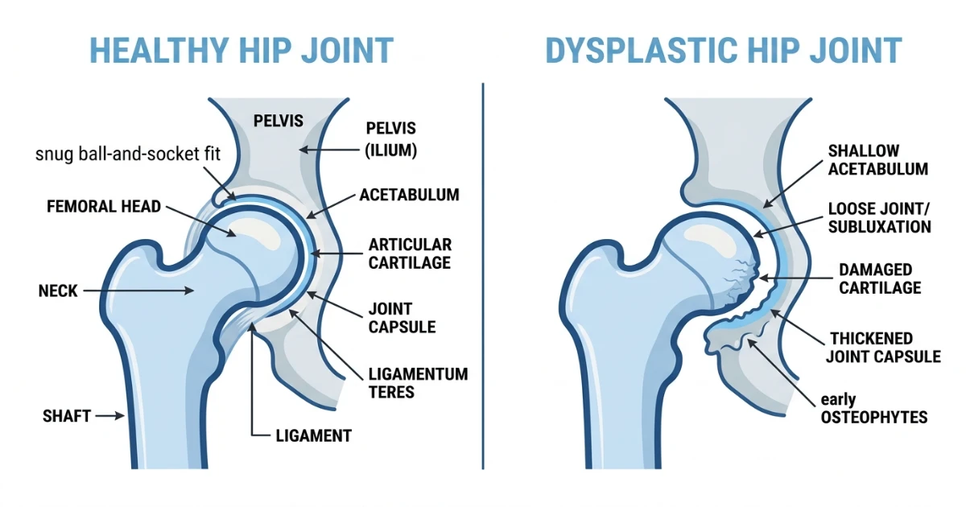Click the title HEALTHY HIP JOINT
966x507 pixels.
pos(242,51)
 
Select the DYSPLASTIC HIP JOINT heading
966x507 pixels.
pos(724,51)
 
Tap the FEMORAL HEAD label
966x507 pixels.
pos(104,207)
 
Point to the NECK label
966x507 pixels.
pos(58,291)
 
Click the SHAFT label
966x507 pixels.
pos(67,416)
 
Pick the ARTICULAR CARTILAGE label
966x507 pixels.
pos(410,253)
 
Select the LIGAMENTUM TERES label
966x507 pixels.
pos(419,383)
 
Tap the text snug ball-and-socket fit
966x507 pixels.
pos(128,154)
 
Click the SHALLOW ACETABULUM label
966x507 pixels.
pos(878,160)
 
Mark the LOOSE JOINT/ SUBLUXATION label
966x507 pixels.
pos(880,218)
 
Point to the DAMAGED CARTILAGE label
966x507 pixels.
pos(880,279)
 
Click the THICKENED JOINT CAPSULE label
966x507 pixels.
pos(883,348)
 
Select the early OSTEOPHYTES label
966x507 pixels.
pos(874,408)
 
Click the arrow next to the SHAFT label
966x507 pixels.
pos(110,416)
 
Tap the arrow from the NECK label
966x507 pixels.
pos(138,291)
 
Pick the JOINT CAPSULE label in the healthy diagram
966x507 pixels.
pos(402,318)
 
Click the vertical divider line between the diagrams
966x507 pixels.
pos(483,276)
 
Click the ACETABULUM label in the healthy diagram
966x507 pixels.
pos(409,195)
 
